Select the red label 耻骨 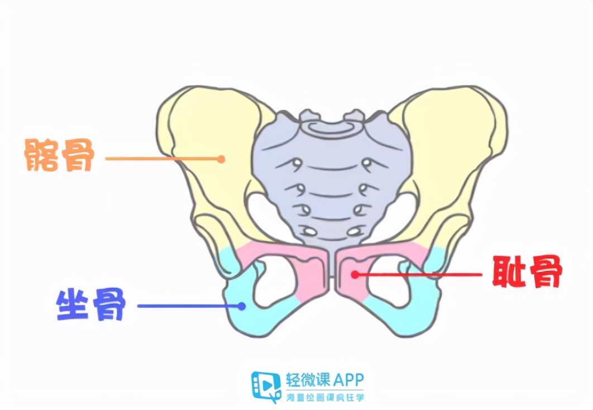point(527,273)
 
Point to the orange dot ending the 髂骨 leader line point(221,159)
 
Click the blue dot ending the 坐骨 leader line point(242,306)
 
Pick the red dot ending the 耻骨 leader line point(354,274)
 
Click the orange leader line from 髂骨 point(162,159)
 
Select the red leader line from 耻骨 point(419,274)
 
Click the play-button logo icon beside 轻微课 point(266,386)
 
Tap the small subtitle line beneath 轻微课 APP point(324,397)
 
